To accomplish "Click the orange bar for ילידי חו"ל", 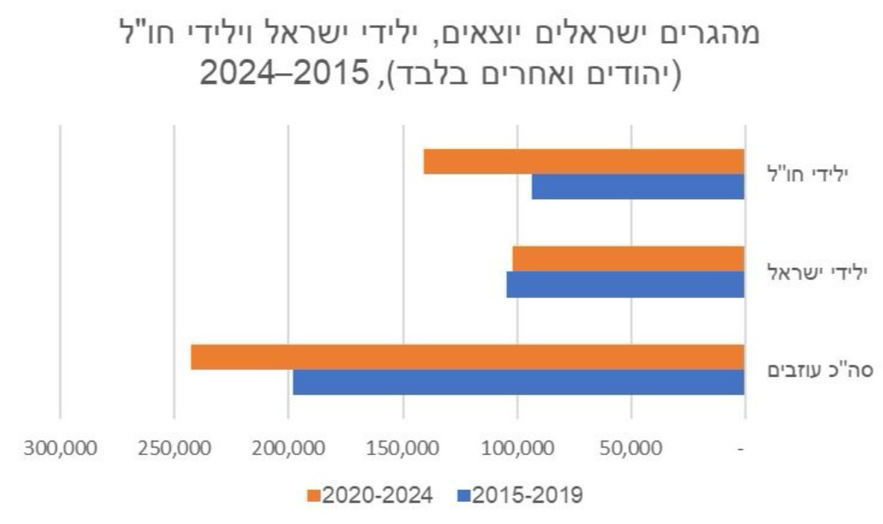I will pos(584,162).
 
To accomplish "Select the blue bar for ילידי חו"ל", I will pos(638,186).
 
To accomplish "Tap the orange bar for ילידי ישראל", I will pos(628,259).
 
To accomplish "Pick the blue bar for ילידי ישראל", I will pos(625,285).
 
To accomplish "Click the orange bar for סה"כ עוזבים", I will pos(467,357).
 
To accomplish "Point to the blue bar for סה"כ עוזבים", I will pos(518,382).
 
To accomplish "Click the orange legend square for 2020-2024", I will pos(313,495).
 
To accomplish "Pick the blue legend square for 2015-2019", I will pos(463,495).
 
